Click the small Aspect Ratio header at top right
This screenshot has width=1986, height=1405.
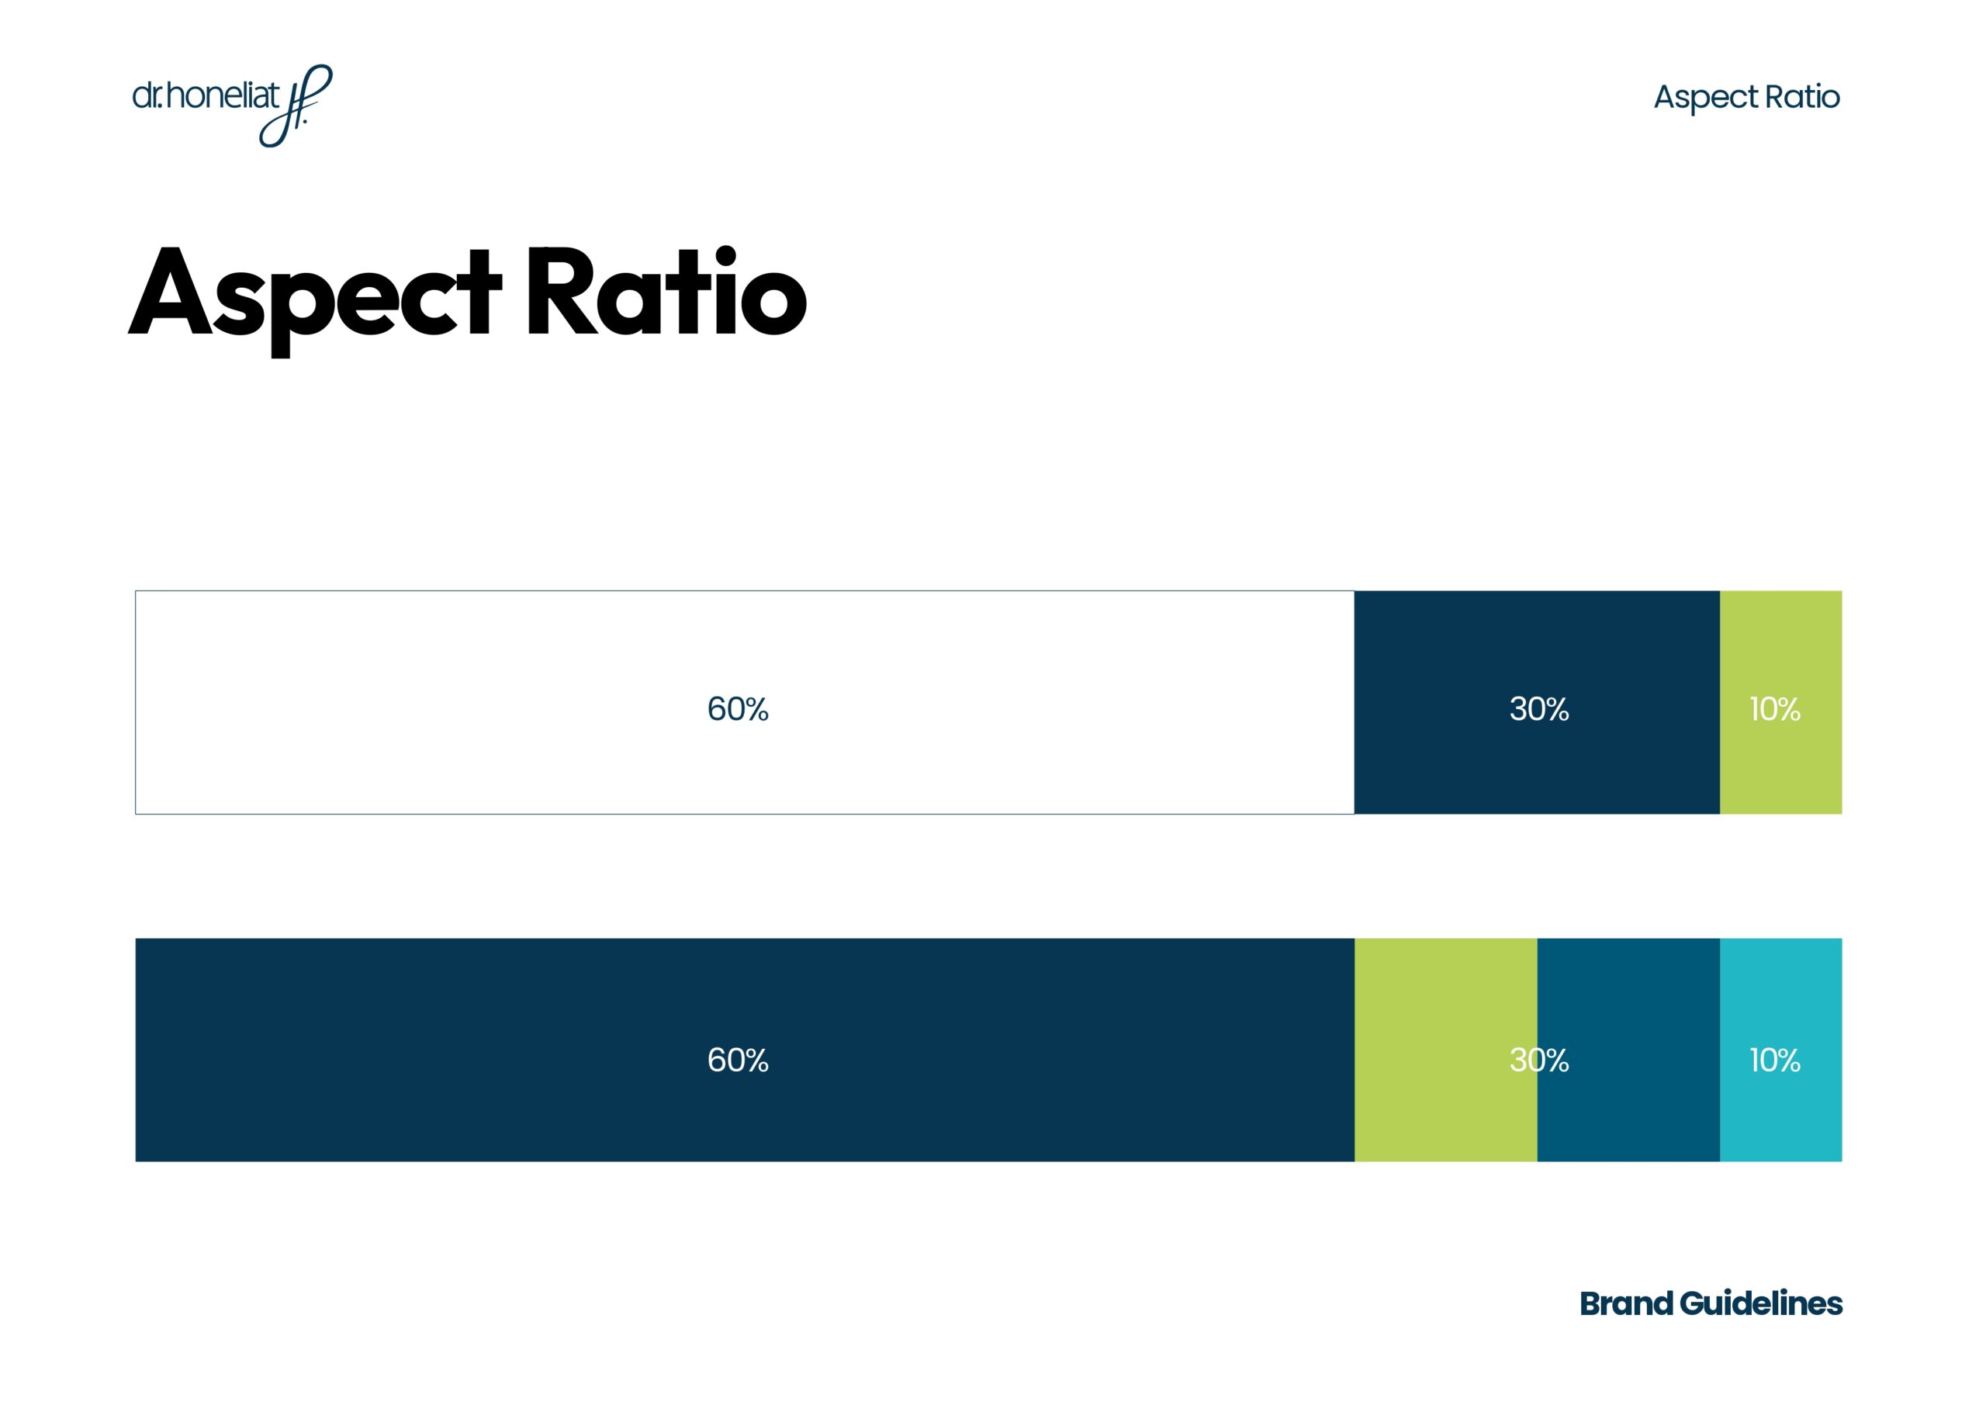coord(1746,97)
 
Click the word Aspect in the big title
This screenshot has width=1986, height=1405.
coord(315,294)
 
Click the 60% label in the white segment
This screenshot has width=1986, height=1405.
coord(737,709)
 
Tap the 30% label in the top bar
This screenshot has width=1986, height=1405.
coord(1539,709)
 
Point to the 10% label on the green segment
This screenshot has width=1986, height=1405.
coord(1774,709)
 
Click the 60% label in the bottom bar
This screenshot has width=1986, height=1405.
coord(737,1060)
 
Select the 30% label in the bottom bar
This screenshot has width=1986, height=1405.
coord(1539,1060)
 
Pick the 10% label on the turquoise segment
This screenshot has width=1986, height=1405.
coord(1774,1060)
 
